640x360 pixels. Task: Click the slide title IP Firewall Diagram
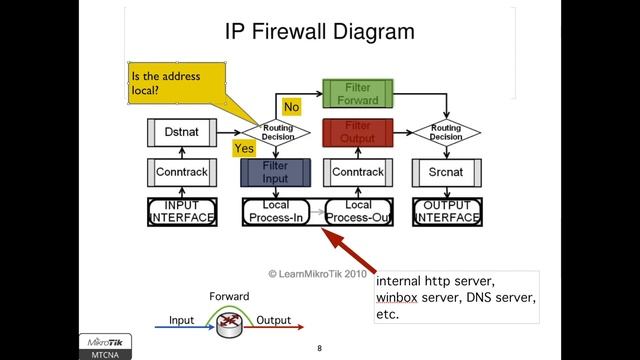coord(319,31)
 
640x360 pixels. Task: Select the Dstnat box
coord(181,131)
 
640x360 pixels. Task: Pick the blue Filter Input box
coord(274,172)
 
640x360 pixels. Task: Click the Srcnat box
coord(445,172)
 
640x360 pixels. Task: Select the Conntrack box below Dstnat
coord(181,172)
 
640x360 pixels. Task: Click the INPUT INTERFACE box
coord(181,211)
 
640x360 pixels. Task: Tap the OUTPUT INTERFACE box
coord(446,211)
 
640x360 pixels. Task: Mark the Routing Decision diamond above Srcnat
coord(445,132)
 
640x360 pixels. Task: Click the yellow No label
coord(292,106)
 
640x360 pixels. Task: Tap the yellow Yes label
coord(244,148)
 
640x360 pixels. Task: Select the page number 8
coord(319,349)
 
